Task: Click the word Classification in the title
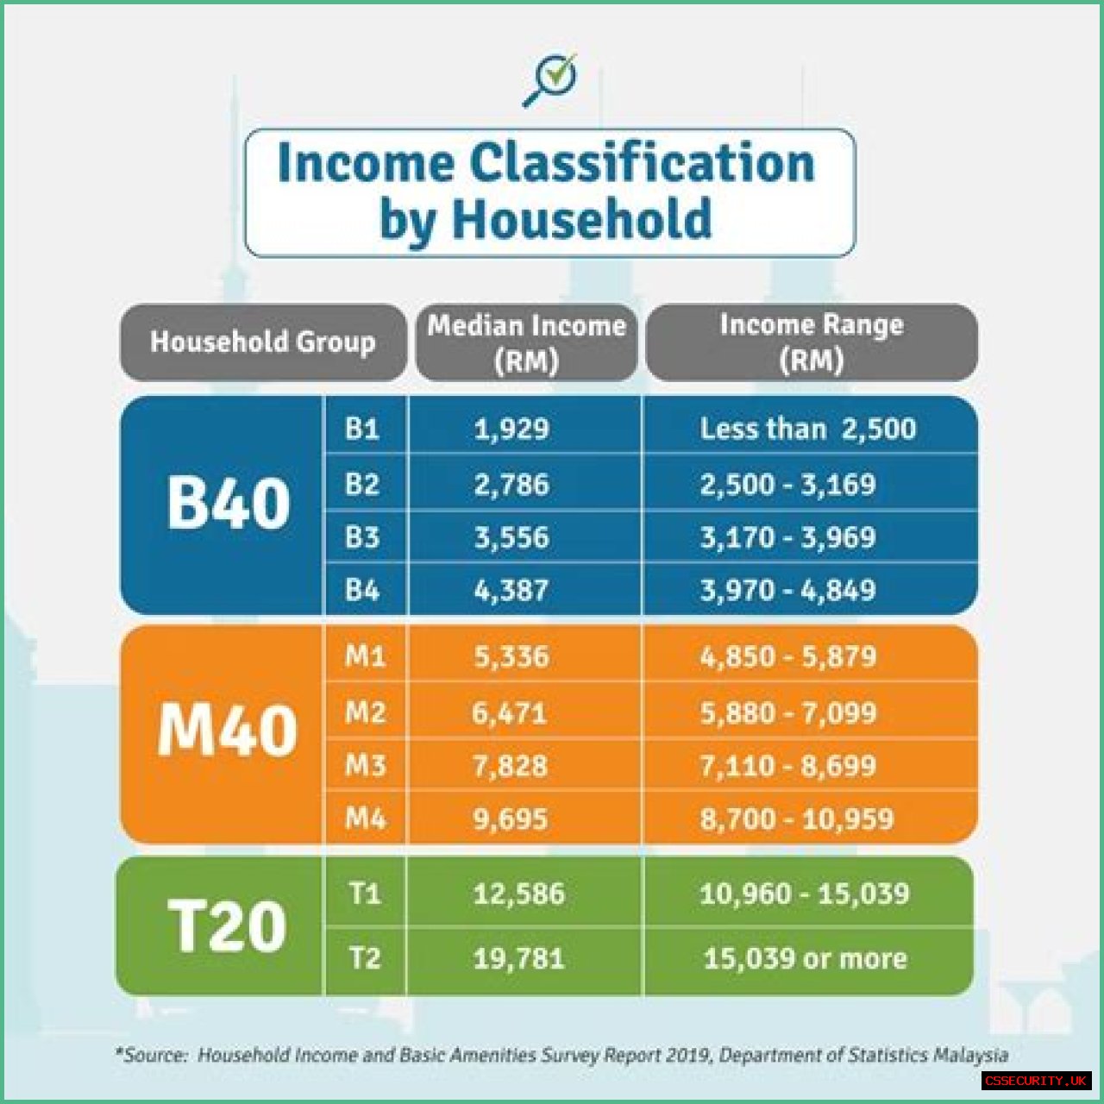click(643, 164)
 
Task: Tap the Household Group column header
click(263, 342)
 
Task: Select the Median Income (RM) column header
click(526, 342)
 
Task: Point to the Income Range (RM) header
click(812, 342)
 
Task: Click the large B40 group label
click(228, 503)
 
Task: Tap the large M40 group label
click(228, 731)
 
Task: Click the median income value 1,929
click(511, 430)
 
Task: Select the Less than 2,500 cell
click(808, 429)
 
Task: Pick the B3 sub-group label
click(362, 537)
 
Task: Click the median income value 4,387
click(511, 590)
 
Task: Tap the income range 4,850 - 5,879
click(787, 656)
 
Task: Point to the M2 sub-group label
click(365, 712)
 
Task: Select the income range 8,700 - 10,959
click(796, 819)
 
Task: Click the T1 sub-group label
click(364, 893)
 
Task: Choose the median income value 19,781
click(519, 958)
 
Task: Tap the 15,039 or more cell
click(805, 958)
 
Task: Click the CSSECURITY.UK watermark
click(1035, 1081)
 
